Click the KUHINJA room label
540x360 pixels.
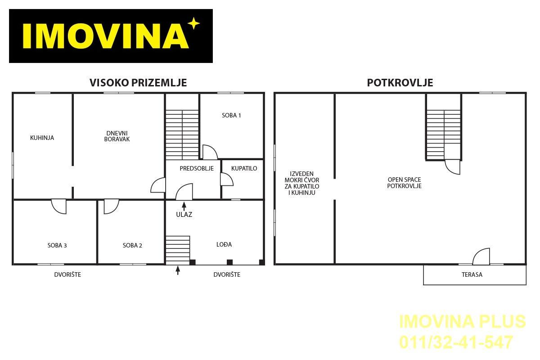coord(42,138)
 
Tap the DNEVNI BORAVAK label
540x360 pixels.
coord(117,136)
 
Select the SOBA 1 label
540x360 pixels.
coord(231,116)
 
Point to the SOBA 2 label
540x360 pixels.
coord(132,245)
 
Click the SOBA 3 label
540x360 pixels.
coord(57,245)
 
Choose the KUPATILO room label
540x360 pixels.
coord(244,168)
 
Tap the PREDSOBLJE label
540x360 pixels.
coord(197,168)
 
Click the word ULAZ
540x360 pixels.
coord(184,214)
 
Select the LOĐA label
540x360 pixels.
coord(224,244)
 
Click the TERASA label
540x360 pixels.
coord(472,274)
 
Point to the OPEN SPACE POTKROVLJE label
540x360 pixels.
coord(404,183)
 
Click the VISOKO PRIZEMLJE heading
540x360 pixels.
coord(138,83)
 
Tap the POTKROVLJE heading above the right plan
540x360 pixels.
coord(400,83)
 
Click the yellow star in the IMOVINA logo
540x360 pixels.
coord(194,23)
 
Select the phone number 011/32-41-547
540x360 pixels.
coord(456,342)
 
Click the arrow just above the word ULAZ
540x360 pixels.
coord(184,207)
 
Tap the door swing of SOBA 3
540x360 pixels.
coord(59,207)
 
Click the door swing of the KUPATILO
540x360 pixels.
coord(227,180)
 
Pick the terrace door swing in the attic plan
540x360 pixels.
coord(481,256)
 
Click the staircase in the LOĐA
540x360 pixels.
coord(178,251)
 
